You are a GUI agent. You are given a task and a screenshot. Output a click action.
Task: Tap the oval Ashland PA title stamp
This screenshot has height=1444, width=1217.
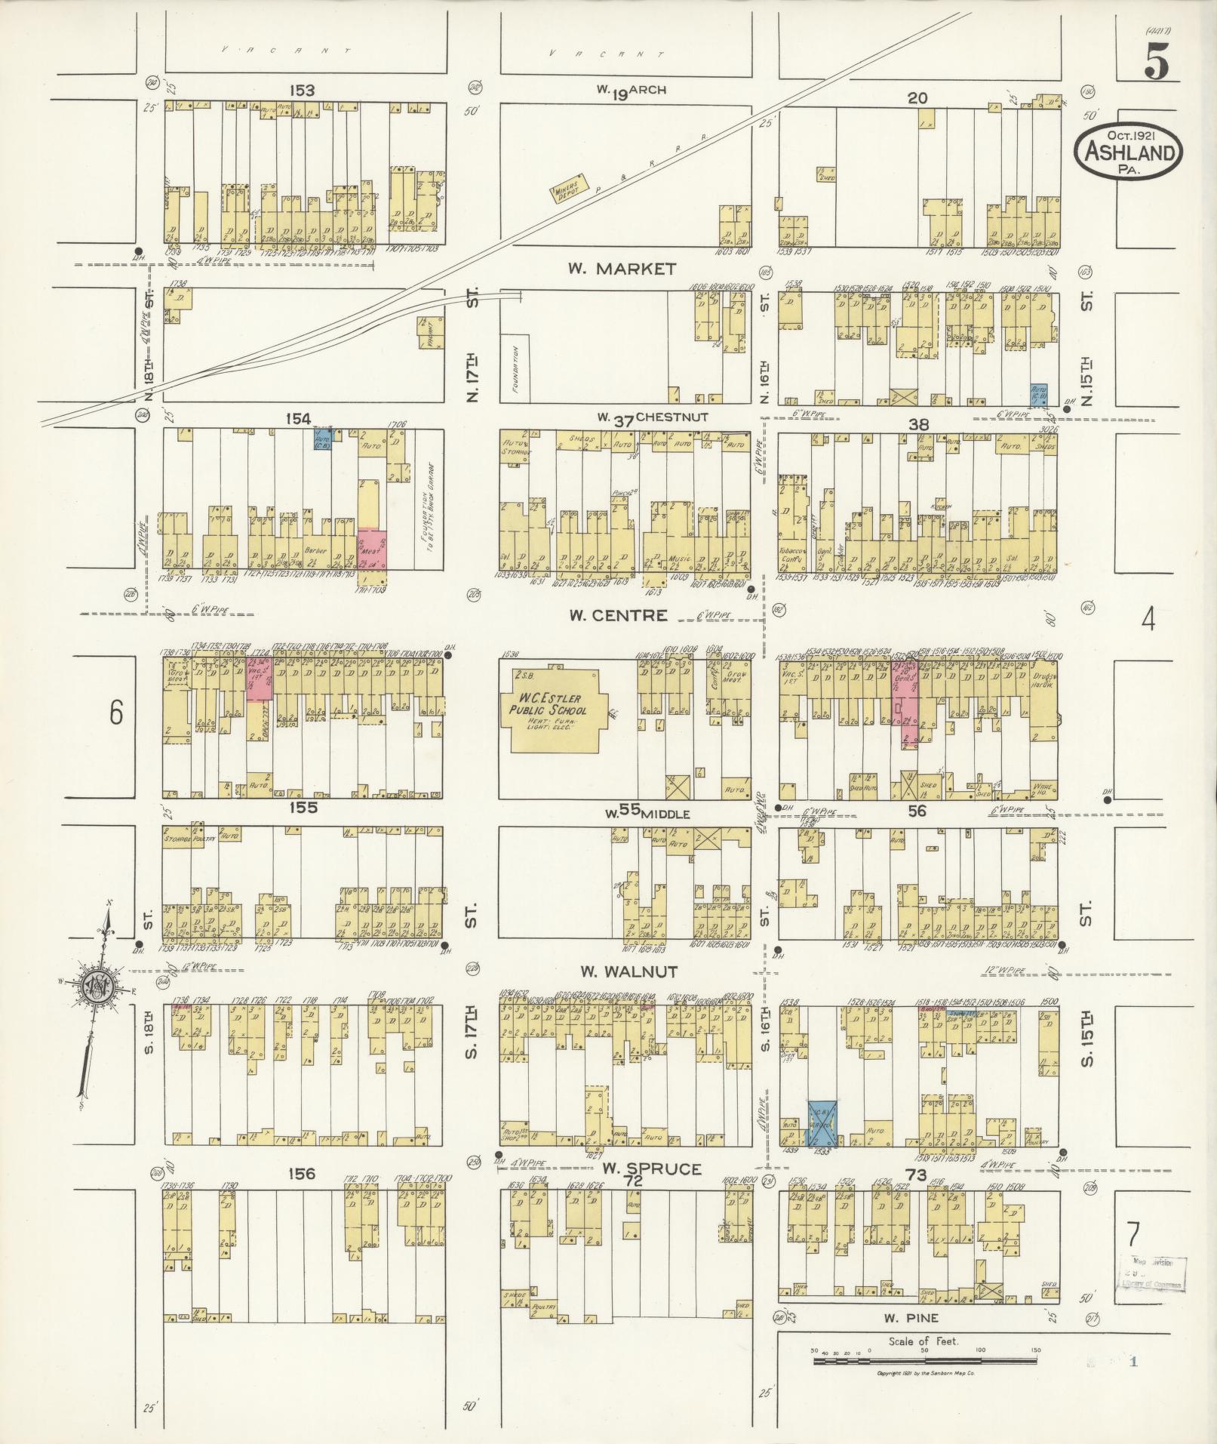tap(1129, 152)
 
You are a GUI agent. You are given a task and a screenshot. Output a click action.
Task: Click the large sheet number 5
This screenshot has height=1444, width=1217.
tap(1156, 62)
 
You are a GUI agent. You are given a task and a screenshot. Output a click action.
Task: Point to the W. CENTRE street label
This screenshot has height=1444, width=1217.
tap(618, 615)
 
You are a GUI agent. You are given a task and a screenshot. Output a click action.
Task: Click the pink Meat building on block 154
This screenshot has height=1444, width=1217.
tap(372, 550)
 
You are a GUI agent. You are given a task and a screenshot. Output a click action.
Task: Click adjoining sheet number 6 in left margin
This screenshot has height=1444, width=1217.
tap(115, 712)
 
